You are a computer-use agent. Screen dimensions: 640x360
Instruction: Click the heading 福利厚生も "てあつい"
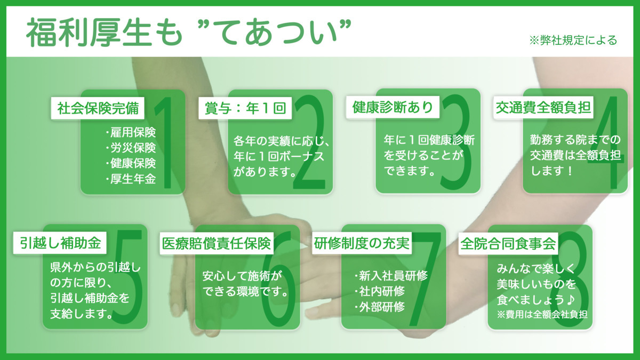pos(189,32)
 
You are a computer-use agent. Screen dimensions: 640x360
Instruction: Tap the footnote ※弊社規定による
pos(573,41)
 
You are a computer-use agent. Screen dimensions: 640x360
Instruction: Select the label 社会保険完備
pos(98,108)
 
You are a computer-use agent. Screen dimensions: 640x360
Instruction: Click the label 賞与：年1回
pos(245,108)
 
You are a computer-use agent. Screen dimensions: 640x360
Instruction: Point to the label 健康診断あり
pos(393,107)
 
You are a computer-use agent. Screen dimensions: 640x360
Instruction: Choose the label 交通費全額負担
pos(543,108)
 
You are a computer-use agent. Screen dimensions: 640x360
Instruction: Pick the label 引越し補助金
pos(60,243)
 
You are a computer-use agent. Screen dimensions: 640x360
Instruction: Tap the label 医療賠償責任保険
pos(217,243)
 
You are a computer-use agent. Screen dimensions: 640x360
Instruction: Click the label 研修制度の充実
pos(362,243)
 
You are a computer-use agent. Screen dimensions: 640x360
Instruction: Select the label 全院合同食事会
pos(508,244)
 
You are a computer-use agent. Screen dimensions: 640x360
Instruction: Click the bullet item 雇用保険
pos(131,132)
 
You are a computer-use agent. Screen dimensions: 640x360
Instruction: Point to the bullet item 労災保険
pos(131,148)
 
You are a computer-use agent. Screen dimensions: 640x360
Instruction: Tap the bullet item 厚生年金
pos(131,179)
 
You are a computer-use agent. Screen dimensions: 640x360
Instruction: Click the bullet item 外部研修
pos(379,307)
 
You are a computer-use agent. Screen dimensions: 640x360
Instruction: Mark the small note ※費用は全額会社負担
pos(542,315)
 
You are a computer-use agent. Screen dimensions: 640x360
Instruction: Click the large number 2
pos(309,142)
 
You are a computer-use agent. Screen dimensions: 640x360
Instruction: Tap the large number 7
pos(426,279)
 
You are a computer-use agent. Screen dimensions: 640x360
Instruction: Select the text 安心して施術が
pos(242,276)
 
